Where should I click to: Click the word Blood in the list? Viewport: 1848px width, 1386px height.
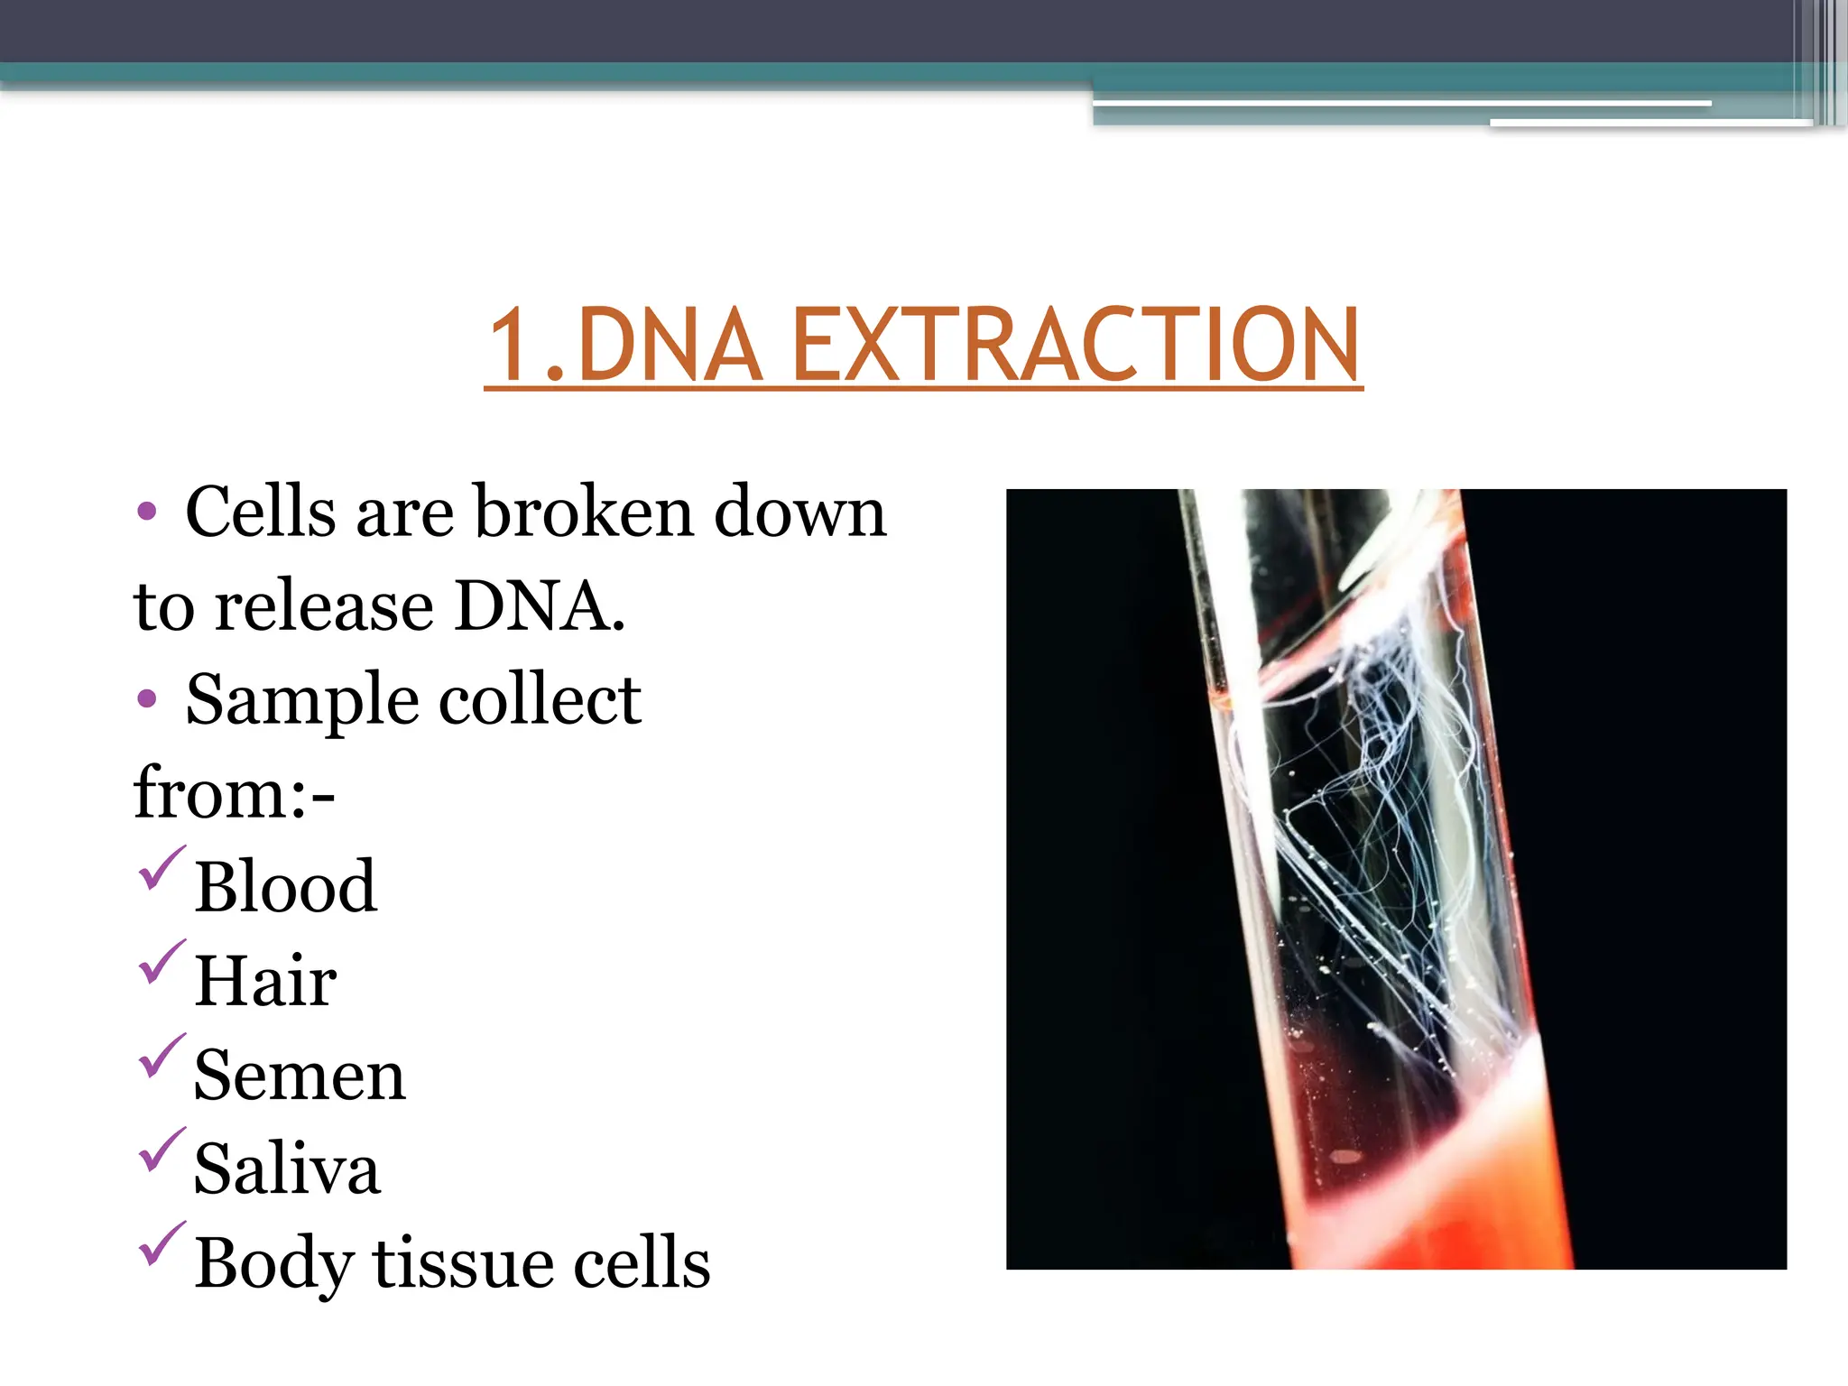[285, 888]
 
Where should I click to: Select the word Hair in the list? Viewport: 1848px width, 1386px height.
[265, 982]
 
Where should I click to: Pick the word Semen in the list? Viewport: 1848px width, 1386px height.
[300, 1076]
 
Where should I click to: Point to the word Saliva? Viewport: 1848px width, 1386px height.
[287, 1169]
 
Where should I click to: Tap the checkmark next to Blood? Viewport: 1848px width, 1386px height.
[162, 868]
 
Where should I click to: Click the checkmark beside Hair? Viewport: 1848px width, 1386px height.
[162, 962]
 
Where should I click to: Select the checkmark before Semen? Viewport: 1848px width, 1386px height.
[162, 1056]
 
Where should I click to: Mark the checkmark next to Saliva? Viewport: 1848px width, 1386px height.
[162, 1150]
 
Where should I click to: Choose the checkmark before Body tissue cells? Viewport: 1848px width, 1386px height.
[162, 1243]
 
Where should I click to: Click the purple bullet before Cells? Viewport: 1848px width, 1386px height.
[147, 513]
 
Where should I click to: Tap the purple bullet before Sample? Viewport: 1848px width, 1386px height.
[147, 699]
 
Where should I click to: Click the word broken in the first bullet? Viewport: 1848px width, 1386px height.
[585, 512]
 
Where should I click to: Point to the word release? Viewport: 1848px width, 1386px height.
[324, 605]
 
